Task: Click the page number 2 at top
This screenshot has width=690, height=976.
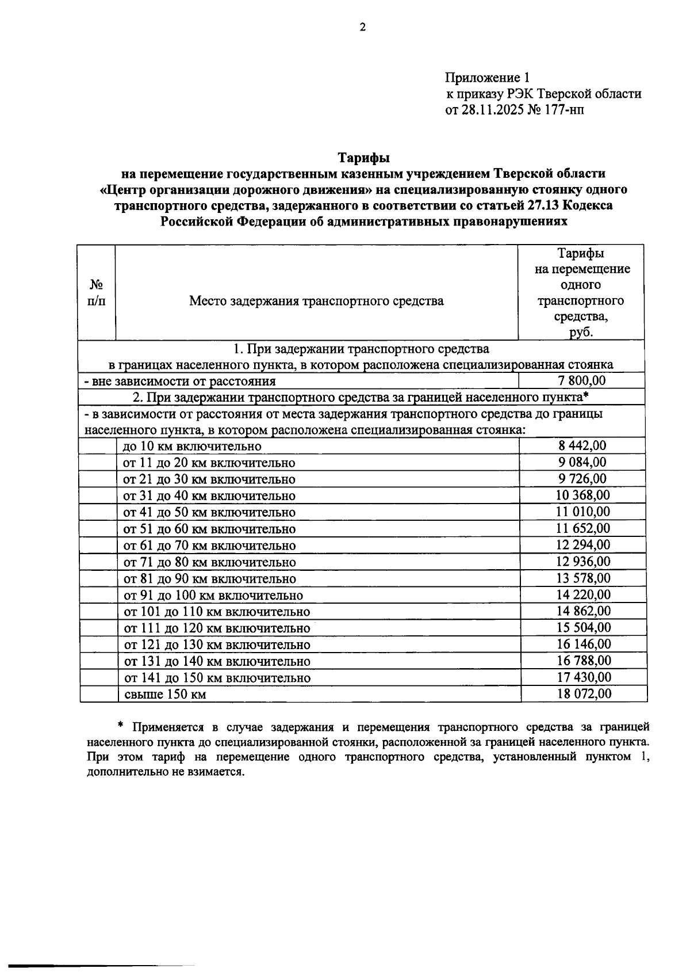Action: (x=362, y=27)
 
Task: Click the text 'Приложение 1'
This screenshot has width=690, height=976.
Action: (x=486, y=77)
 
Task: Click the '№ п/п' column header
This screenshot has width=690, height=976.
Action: (x=97, y=292)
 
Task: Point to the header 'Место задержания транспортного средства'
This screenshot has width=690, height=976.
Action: (x=316, y=300)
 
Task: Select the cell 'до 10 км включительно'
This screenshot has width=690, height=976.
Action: (x=192, y=447)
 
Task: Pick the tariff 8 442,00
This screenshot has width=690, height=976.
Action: (x=582, y=445)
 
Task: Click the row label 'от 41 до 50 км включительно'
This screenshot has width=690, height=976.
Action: (x=209, y=513)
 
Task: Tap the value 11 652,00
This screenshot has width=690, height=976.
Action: (x=583, y=528)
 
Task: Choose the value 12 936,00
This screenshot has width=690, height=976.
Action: (x=583, y=562)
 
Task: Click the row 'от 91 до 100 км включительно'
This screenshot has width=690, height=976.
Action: (x=213, y=596)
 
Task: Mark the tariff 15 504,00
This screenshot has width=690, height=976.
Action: (x=584, y=628)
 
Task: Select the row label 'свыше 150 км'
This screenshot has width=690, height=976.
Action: (x=165, y=695)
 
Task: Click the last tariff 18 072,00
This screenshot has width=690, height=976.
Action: (x=584, y=694)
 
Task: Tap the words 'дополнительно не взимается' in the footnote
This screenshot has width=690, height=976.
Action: (x=166, y=772)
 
